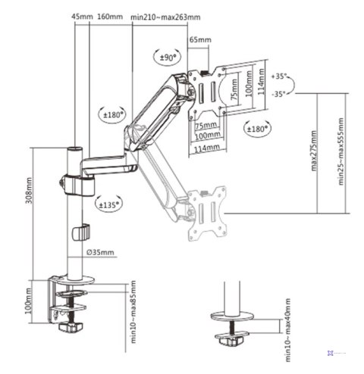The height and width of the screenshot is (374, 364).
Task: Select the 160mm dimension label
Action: [110, 16]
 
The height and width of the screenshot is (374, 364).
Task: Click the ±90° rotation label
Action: [167, 57]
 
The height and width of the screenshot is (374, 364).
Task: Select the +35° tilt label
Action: [280, 77]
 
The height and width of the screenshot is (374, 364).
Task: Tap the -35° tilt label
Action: [280, 94]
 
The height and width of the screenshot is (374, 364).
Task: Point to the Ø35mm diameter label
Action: [101, 252]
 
